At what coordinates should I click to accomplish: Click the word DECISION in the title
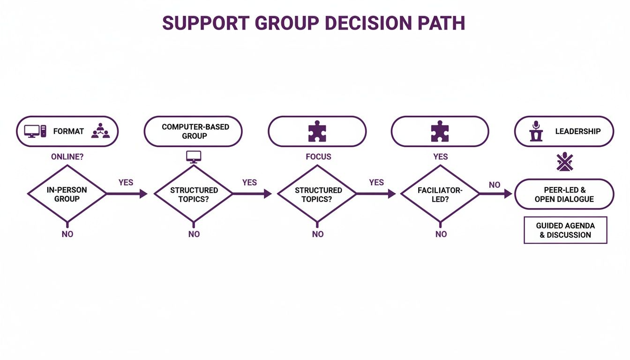(360, 23)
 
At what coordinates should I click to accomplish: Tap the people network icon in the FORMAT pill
(100, 131)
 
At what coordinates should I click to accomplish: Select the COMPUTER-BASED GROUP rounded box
(193, 131)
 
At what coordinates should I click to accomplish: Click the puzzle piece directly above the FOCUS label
(317, 131)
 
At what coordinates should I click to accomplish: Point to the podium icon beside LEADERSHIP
(535, 131)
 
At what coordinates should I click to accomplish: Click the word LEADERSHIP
(577, 131)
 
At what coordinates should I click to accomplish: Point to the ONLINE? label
(67, 157)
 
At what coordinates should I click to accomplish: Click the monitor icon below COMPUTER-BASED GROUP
(194, 157)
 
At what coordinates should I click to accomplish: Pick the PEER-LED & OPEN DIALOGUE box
(564, 194)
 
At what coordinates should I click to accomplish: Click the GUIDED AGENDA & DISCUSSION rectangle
(565, 230)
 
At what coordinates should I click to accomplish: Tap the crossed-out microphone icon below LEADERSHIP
(564, 162)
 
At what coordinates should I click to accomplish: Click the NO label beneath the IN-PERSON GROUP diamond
(67, 234)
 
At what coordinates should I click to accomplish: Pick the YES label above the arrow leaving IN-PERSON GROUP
(126, 182)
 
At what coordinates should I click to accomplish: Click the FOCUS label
(318, 157)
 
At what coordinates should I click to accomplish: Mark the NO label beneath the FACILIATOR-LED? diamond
(441, 234)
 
